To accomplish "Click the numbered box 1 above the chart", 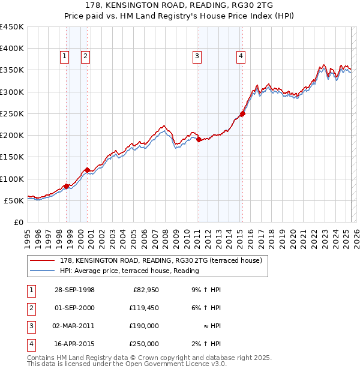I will [x=64, y=56].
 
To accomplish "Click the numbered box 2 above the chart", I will [x=86, y=56].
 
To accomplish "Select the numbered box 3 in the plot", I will [x=197, y=56].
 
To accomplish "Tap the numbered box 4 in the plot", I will [x=241, y=56].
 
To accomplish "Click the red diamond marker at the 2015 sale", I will [x=242, y=113].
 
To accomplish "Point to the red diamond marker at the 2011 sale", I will [x=199, y=140].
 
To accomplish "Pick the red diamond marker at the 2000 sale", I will [x=88, y=170].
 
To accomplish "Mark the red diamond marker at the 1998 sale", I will [x=66, y=186].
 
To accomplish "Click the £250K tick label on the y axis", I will [x=12, y=113].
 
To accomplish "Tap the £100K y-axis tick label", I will [x=12, y=179].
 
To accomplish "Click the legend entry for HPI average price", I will [x=129, y=271].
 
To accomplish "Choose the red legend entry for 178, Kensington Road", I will [x=161, y=261].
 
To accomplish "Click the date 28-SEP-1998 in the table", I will [x=74, y=290].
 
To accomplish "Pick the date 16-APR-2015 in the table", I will [x=74, y=344].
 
